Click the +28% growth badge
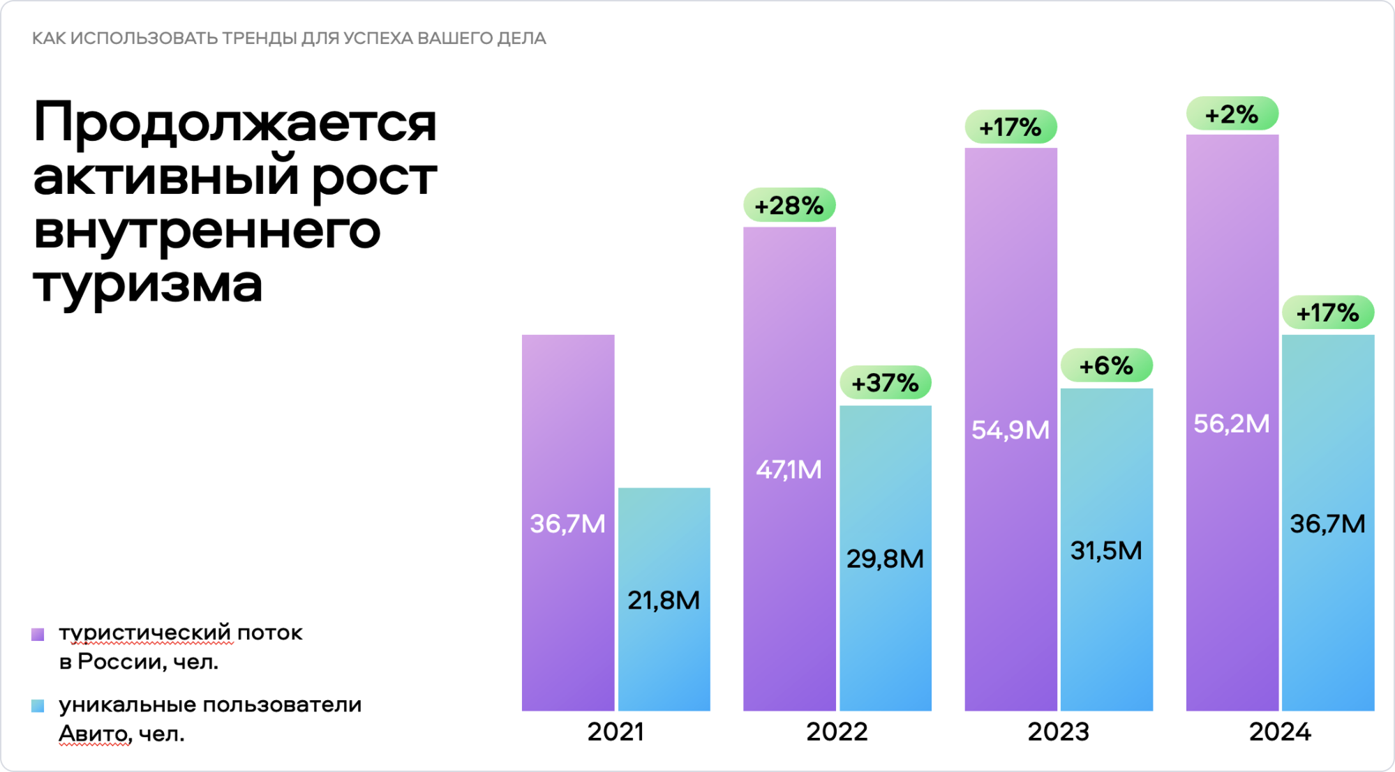tap(789, 206)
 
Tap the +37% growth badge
tap(885, 383)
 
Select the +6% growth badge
tap(1106, 365)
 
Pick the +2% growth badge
tap(1232, 114)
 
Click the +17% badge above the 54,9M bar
tap(1010, 128)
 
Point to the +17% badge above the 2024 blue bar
tap(1327, 312)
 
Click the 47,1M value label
tap(789, 470)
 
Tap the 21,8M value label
tap(664, 600)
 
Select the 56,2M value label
tap(1232, 424)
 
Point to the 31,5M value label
tap(1106, 551)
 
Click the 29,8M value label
tap(885, 559)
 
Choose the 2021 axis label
tap(616, 732)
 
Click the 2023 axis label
tap(1058, 732)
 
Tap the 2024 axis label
tap(1280, 732)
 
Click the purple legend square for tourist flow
tap(38, 634)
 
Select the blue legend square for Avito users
tap(38, 706)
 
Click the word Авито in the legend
tap(94, 734)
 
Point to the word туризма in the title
tap(148, 283)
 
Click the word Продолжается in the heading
tap(235, 123)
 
